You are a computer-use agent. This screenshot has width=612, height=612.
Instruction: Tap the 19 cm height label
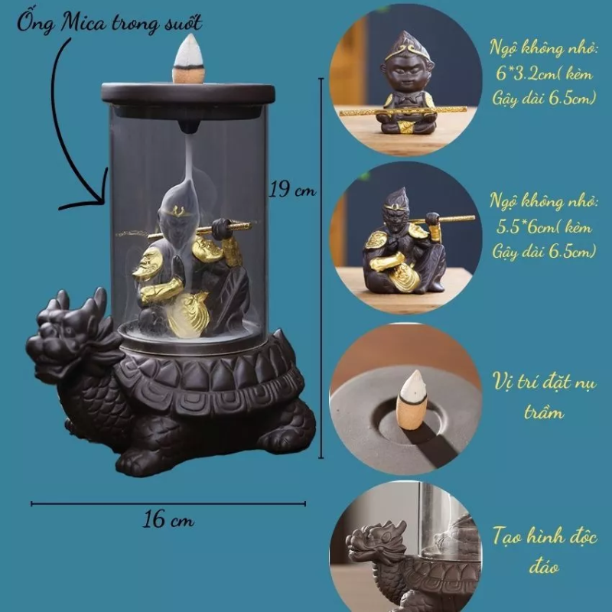click(x=292, y=190)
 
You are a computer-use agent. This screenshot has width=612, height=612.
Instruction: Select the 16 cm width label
click(x=168, y=520)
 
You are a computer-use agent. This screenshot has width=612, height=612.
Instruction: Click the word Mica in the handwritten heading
click(x=83, y=23)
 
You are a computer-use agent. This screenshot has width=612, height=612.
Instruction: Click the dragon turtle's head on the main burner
click(x=70, y=336)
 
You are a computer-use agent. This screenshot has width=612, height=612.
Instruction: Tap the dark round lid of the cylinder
click(x=187, y=96)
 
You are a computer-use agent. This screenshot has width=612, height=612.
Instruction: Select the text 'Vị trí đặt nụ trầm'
click(x=544, y=396)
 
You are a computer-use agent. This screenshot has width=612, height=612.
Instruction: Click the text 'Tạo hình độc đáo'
click(x=544, y=550)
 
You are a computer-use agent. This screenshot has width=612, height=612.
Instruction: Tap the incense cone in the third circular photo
click(x=411, y=400)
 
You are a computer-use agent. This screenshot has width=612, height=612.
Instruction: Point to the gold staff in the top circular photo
click(x=403, y=112)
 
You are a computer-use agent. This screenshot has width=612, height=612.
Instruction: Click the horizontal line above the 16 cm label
click(x=168, y=504)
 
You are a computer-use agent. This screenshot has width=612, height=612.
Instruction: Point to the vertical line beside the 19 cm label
click(x=321, y=269)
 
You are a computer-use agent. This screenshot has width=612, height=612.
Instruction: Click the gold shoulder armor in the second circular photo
click(x=376, y=240)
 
